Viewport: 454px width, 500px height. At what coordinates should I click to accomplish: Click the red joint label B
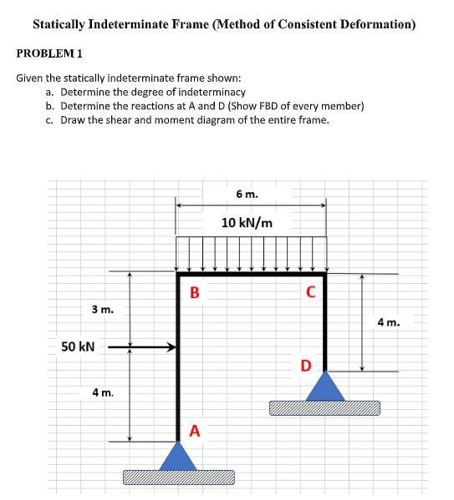(x=194, y=293)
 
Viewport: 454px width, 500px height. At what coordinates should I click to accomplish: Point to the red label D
(x=306, y=365)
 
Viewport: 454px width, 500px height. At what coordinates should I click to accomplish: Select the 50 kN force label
(x=79, y=346)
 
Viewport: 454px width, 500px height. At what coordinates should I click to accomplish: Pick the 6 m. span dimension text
(x=247, y=194)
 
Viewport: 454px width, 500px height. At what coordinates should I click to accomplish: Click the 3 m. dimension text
(x=103, y=310)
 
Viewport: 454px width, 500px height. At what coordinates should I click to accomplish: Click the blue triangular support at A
(x=178, y=456)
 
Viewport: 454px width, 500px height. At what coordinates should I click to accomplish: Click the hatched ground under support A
(x=178, y=477)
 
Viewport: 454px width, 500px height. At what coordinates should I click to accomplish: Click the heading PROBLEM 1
(x=48, y=53)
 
